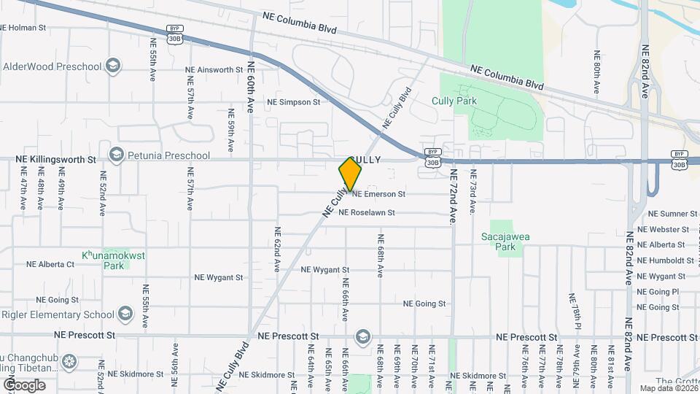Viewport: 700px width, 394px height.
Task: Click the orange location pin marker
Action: point(351,174)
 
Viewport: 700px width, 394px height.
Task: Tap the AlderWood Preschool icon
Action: point(112,66)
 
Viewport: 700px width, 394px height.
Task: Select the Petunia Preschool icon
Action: point(116,155)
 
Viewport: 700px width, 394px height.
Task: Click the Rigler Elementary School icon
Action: point(125,314)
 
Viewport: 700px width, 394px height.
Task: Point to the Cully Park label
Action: point(474,101)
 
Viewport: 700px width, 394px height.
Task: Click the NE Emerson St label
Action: point(378,194)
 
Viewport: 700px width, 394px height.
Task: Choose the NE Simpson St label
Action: point(294,102)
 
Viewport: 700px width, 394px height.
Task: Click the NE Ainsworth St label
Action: point(214,70)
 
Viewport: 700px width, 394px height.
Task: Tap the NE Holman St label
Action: point(23,28)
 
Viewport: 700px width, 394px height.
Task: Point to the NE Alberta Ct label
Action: point(50,264)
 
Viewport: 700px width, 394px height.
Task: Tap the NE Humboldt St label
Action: point(666,260)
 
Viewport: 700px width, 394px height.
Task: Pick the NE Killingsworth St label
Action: point(55,159)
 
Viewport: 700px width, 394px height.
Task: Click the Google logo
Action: point(24,385)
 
